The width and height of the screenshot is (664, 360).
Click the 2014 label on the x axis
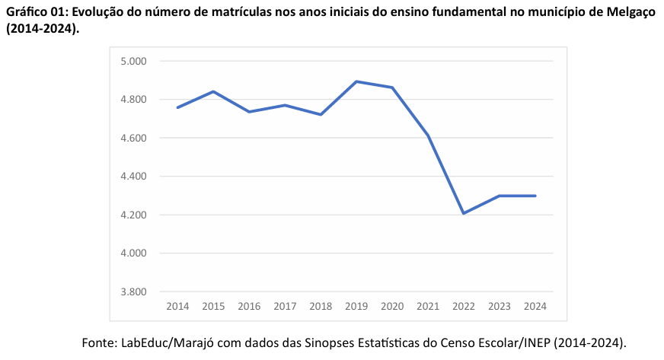(x=177, y=306)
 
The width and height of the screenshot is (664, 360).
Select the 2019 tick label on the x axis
(x=356, y=306)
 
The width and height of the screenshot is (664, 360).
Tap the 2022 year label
(x=464, y=306)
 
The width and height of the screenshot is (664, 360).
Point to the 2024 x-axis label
(x=535, y=306)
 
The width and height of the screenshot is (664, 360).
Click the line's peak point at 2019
(x=356, y=81)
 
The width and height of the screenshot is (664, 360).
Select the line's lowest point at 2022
(x=464, y=213)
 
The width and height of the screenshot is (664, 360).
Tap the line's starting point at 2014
(x=177, y=107)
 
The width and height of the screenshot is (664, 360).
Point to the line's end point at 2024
(x=535, y=196)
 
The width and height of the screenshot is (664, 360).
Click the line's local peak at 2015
(x=213, y=91)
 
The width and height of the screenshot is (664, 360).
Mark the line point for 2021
(x=428, y=135)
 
